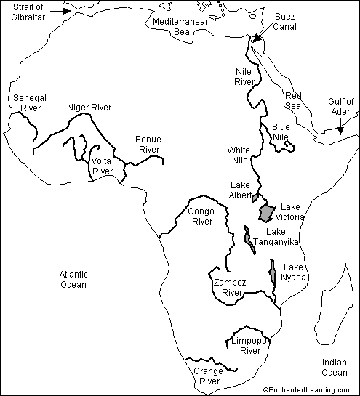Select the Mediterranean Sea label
182,28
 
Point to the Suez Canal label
284,21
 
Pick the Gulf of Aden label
339,107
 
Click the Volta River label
103,166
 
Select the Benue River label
148,144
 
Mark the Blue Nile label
281,132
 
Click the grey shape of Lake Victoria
267,212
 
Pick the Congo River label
201,216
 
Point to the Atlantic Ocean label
73,279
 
